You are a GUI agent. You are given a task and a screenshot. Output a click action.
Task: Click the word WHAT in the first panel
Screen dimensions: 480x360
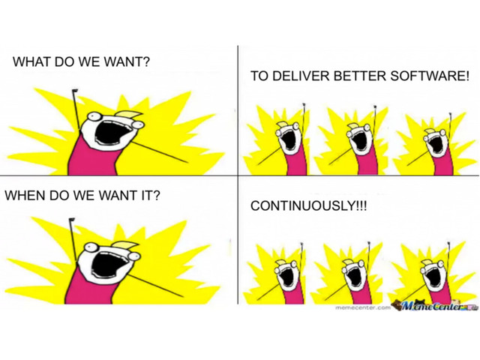[32, 61]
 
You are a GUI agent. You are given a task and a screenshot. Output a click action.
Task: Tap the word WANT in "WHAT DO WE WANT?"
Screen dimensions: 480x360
[127, 61]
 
